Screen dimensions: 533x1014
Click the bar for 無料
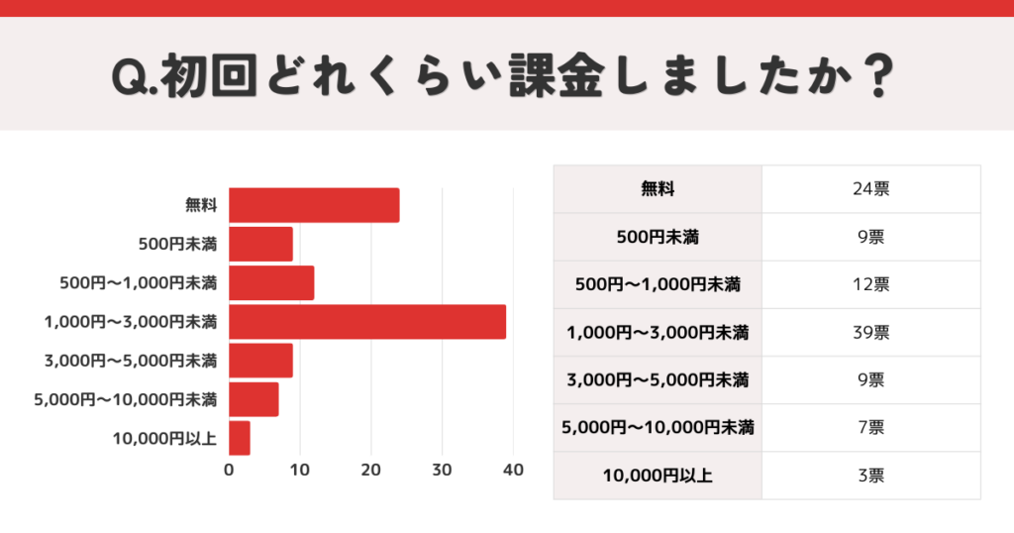314,205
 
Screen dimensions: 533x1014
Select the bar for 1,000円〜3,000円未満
367,322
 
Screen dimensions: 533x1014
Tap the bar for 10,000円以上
240,438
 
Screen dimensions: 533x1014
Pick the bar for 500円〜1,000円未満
271,283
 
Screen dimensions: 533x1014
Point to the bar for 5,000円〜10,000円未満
253,399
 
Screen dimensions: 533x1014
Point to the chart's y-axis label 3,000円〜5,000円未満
130,361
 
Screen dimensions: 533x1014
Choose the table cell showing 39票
870,332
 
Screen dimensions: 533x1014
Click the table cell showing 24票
870,188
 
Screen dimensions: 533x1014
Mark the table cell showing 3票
870,476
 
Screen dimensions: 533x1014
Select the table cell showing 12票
870,284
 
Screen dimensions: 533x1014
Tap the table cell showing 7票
870,428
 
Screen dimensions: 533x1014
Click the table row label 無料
658,188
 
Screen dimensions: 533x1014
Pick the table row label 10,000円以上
658,476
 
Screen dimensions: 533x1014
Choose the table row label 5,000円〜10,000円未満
658,428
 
